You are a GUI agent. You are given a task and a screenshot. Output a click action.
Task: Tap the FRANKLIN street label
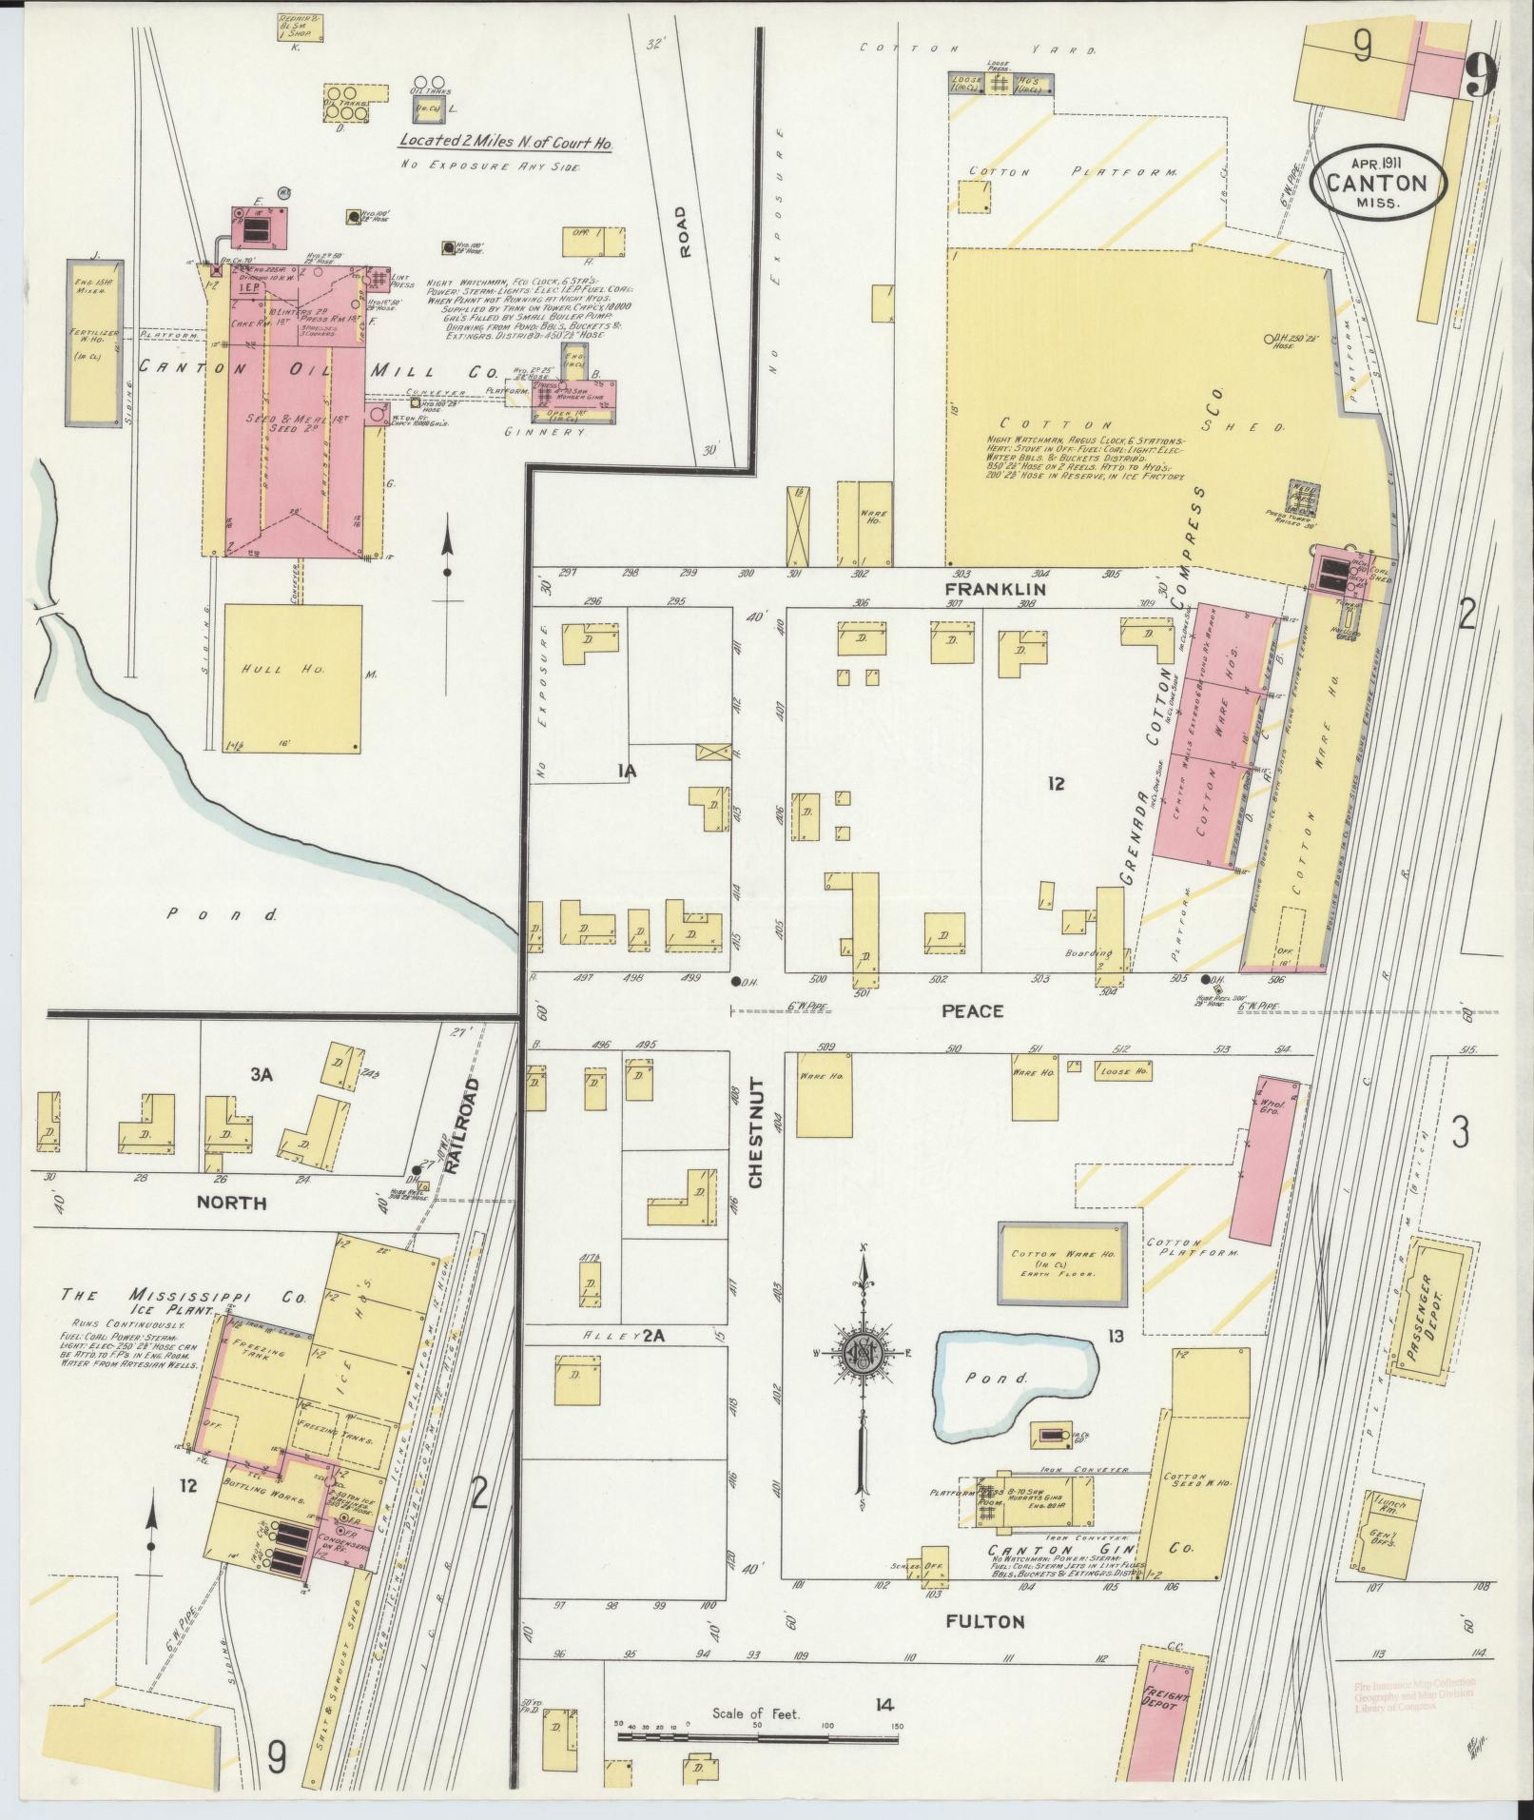[x=995, y=589]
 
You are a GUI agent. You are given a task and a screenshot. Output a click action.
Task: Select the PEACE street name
[x=972, y=1010]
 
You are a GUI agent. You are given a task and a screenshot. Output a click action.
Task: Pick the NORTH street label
[x=231, y=1203]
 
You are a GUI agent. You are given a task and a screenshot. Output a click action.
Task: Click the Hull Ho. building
[x=292, y=679]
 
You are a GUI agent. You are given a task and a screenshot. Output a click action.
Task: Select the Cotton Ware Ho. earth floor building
[x=1060, y=1264]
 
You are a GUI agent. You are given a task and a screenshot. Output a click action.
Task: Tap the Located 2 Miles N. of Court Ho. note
[x=504, y=143]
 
